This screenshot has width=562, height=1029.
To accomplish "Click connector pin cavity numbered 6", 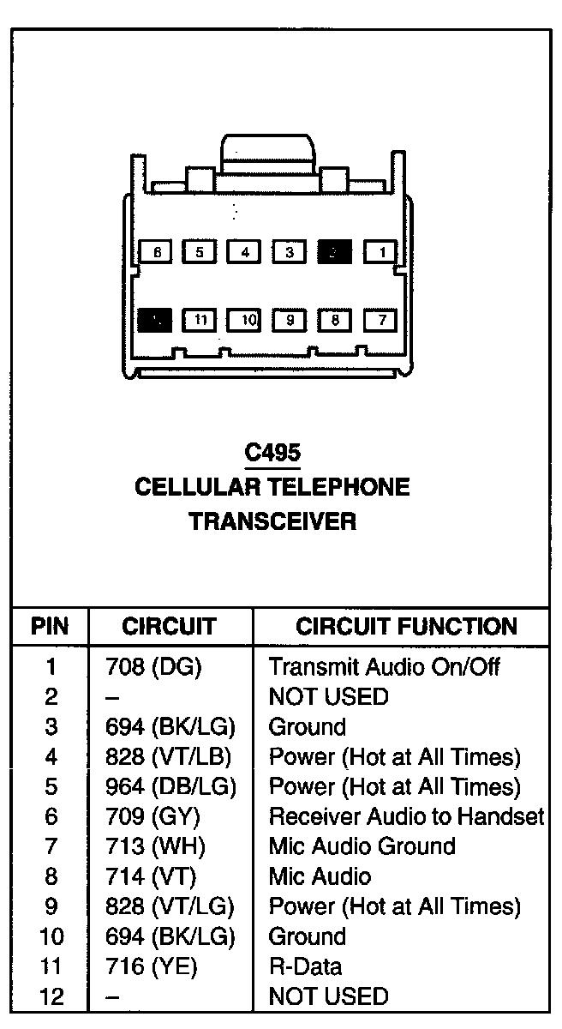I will click(155, 252).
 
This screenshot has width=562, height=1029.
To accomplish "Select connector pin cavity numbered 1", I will click(381, 252).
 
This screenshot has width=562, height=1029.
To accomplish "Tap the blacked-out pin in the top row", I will click(335, 252).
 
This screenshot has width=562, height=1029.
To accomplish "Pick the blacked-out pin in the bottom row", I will click(155, 321).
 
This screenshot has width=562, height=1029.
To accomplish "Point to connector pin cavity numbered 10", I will click(246, 321).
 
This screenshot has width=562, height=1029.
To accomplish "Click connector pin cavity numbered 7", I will click(381, 321).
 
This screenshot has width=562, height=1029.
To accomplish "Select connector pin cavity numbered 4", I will click(246, 252).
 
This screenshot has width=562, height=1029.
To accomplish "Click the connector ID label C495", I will click(272, 453).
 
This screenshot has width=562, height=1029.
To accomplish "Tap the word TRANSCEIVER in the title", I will click(272, 521).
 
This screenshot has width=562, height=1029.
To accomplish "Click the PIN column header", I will click(50, 626).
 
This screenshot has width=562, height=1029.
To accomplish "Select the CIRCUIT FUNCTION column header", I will click(406, 626).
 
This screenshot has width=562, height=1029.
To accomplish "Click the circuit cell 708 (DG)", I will click(146, 666).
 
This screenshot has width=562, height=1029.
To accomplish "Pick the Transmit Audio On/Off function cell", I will click(385, 666).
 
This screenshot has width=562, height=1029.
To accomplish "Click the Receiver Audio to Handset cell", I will click(406, 816).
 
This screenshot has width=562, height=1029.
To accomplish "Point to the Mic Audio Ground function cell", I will click(362, 846).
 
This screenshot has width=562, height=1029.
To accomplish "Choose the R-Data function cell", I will click(305, 966).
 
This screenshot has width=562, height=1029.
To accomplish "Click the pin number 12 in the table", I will click(51, 996).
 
